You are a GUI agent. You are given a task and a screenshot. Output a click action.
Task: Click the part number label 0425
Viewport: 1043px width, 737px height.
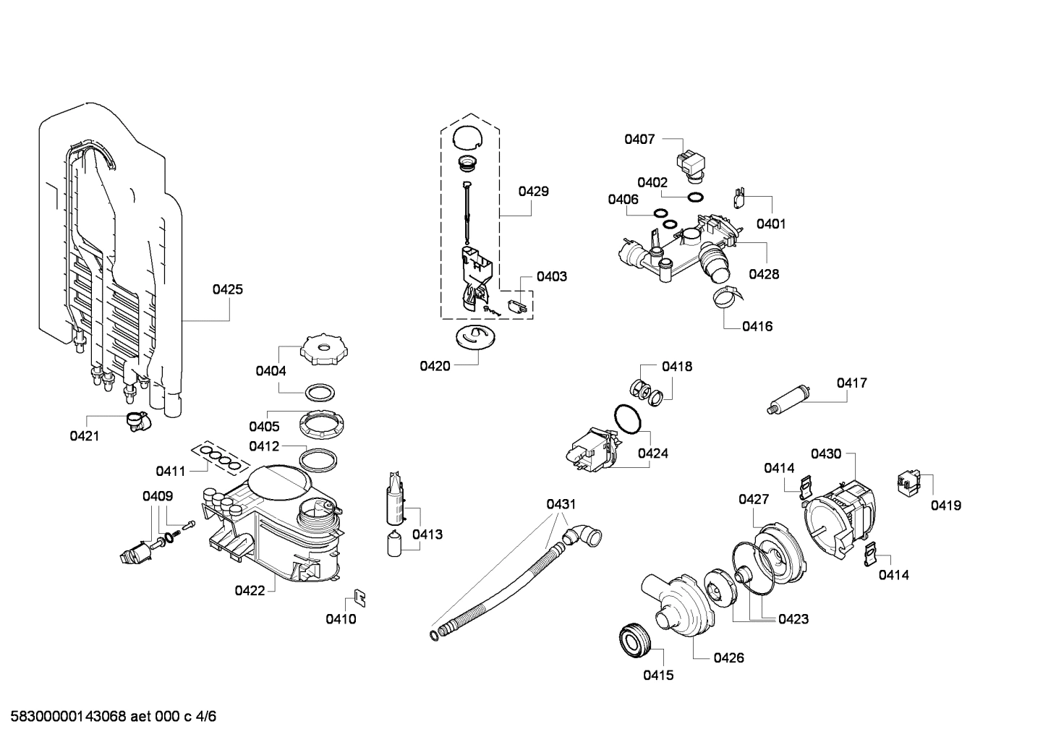click(x=227, y=289)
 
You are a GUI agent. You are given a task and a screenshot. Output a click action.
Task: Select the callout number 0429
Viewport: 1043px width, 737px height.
click(x=533, y=192)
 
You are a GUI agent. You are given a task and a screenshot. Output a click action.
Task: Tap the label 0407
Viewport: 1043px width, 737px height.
click(x=639, y=139)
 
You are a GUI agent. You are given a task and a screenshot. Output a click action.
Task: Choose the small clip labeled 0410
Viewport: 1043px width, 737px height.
click(x=358, y=597)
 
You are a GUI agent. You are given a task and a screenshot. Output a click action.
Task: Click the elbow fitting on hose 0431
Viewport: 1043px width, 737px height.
click(x=582, y=536)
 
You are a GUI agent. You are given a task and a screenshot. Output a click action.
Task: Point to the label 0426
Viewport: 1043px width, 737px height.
click(x=728, y=658)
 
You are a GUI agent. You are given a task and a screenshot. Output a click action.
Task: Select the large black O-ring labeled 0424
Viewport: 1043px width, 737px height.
click(x=627, y=419)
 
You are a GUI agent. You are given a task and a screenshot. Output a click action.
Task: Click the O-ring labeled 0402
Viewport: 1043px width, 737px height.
click(x=694, y=197)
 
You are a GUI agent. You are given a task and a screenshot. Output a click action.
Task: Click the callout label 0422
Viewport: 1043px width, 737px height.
click(x=250, y=591)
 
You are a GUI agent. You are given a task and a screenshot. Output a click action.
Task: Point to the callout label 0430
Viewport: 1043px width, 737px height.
click(x=825, y=454)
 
